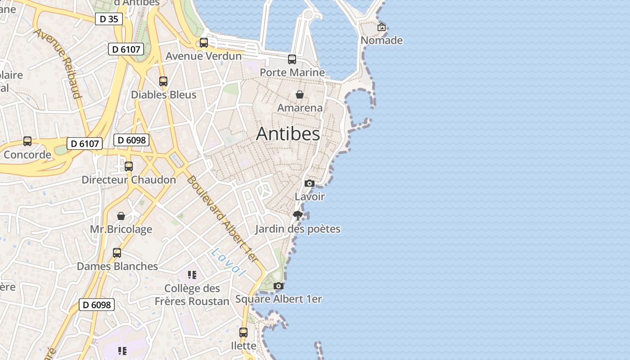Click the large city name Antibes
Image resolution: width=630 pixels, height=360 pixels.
[288, 134]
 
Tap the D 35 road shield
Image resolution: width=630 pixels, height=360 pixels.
[109, 19]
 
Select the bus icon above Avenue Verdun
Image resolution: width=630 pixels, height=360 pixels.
[204, 43]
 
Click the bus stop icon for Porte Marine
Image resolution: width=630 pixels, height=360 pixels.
[292, 59]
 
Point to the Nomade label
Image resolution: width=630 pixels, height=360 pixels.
[382, 40]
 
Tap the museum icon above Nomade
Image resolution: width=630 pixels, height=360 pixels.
[382, 27]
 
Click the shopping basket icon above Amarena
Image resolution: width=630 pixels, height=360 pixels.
[300, 94]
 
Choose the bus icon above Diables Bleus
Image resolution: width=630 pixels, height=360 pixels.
[163, 81]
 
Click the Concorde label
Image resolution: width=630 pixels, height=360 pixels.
[27, 155]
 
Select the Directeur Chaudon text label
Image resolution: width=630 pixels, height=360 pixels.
[129, 180]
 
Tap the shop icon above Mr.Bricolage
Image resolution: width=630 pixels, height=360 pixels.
[121, 216]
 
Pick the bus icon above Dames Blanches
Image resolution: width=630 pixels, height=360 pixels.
[117, 253]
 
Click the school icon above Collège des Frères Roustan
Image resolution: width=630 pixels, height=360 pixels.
[192, 275]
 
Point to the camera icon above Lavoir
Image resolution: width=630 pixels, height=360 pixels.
[310, 183]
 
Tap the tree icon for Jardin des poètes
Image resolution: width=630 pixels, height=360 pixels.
[297, 216]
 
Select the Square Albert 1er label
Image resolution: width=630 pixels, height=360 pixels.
[279, 299]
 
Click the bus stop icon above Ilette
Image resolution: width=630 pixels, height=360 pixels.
[243, 333]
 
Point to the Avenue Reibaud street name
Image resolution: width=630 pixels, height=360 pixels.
[58, 63]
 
